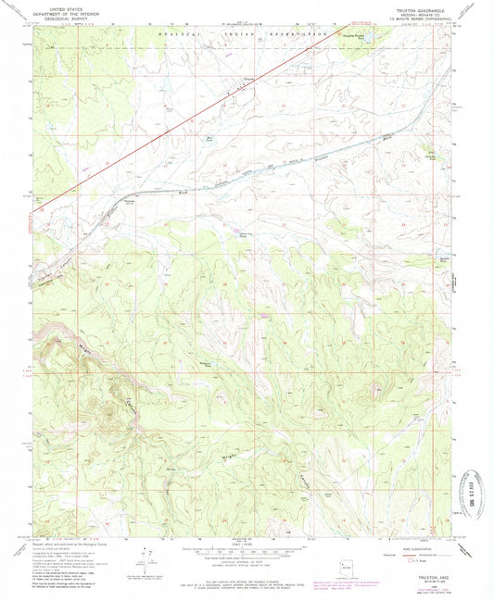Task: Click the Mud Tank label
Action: click(x=210, y=140)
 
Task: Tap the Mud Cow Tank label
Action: click(x=247, y=235)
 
